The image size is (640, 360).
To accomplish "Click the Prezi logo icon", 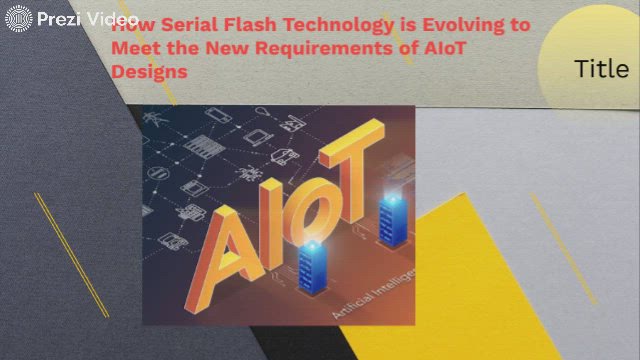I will tap(19, 18).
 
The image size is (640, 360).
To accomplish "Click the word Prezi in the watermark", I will tap(56, 18).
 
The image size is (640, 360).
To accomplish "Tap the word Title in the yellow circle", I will tap(601, 68).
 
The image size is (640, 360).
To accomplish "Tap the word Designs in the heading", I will tap(149, 71).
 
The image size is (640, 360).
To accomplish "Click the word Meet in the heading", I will tap(134, 48).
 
